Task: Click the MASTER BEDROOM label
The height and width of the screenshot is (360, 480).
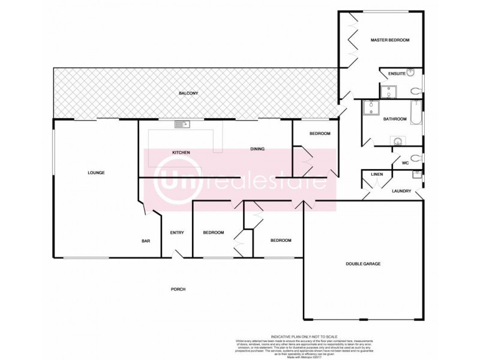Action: coord(389,40)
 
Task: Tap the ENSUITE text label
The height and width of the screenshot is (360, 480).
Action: coord(397,73)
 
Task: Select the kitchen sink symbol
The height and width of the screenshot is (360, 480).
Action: coord(181,124)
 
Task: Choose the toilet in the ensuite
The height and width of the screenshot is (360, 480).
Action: coord(417,91)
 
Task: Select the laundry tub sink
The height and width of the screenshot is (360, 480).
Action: coord(416,175)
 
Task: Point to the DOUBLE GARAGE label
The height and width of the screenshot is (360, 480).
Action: coord(363,263)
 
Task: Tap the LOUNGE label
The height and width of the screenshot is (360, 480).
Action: coord(96,173)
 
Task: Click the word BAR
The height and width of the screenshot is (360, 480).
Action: coord(145,241)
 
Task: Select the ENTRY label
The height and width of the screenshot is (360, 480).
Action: coord(176,233)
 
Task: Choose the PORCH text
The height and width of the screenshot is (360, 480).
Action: coord(178,289)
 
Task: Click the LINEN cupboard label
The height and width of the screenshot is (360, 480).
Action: coord(377,175)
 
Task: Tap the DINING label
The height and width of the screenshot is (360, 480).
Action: coord(257,149)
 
